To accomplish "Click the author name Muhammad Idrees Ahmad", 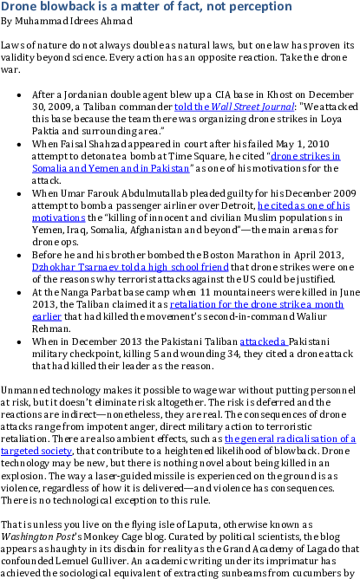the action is click(74, 21).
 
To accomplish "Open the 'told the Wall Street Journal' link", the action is click(234, 107).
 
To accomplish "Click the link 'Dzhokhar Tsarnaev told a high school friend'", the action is click(130, 267).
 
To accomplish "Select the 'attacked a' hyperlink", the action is click(263, 342).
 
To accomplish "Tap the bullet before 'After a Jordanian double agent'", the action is click(19, 95).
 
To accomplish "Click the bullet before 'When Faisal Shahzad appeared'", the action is click(19, 145).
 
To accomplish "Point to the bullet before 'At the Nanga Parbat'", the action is click(19, 293).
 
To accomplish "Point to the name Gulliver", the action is click(109, 561).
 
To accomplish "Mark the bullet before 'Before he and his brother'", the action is click(19, 256).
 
